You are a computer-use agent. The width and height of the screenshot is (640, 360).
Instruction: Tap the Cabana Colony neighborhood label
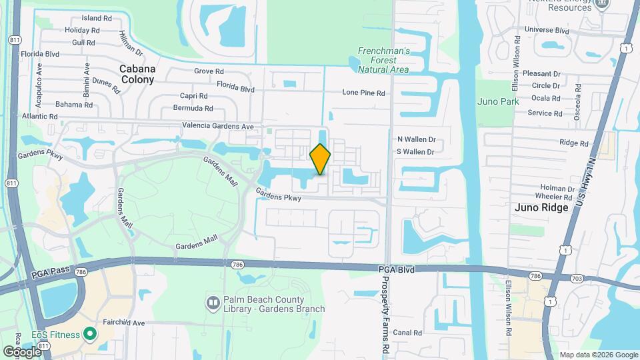pyautogui.click(x=137, y=74)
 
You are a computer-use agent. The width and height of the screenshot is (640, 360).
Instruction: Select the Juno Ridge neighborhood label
pyautogui.click(x=541, y=207)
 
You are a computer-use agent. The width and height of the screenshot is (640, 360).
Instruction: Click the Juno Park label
pyautogui.click(x=497, y=101)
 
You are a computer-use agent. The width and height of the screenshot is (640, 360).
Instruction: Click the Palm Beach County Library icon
pyautogui.click(x=213, y=304)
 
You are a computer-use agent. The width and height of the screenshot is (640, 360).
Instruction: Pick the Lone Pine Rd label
pyautogui.click(x=363, y=93)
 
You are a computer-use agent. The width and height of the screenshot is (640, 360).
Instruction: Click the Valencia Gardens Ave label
pyautogui.click(x=218, y=126)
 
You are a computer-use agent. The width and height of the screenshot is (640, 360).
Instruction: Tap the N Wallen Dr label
pyautogui.click(x=416, y=139)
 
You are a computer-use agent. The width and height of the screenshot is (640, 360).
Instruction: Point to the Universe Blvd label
pyautogui.click(x=547, y=30)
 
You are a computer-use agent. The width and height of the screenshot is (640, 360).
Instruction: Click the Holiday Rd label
pyautogui.click(x=83, y=30)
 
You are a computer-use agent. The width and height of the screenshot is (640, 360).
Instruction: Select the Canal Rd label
pyautogui.click(x=408, y=332)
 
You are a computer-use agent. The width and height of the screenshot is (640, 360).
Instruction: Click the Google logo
pyautogui.click(x=22, y=351)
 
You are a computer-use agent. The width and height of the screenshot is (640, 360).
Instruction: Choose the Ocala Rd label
pyautogui.click(x=546, y=98)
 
